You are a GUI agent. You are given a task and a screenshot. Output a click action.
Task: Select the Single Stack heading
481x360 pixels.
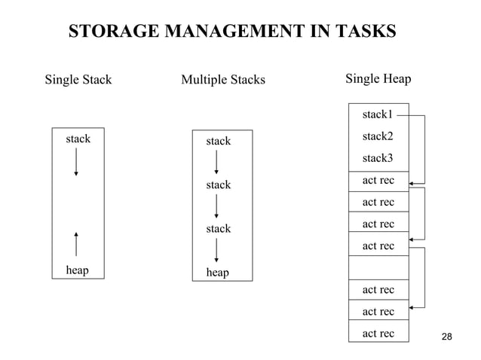pyautogui.click(x=78, y=79)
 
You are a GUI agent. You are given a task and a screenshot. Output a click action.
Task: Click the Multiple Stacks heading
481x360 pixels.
pyautogui.click(x=223, y=79)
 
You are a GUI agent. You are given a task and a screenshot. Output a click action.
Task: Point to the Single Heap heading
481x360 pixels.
pyautogui.click(x=378, y=78)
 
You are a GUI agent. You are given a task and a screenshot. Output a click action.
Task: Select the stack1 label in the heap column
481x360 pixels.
pyautogui.click(x=377, y=114)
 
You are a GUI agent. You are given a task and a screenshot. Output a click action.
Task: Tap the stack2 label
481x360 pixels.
pyautogui.click(x=377, y=136)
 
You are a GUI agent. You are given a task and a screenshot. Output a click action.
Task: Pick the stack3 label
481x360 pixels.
pyautogui.click(x=377, y=158)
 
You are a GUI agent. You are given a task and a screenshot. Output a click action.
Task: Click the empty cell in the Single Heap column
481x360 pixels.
pyautogui.click(x=378, y=267)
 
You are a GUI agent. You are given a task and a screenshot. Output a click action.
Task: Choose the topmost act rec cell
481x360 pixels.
pyautogui.click(x=378, y=181)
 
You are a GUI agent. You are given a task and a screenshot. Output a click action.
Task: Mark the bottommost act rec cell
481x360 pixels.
pyautogui.click(x=378, y=333)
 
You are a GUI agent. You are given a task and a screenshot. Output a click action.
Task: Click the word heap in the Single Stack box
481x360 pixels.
pyautogui.click(x=77, y=270)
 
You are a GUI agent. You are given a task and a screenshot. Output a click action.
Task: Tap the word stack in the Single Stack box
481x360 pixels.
pyautogui.click(x=78, y=139)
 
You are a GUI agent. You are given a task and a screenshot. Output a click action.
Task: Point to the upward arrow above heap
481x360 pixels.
pyautogui.click(x=76, y=243)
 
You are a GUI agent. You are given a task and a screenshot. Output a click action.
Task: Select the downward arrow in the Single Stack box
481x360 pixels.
pyautogui.click(x=76, y=162)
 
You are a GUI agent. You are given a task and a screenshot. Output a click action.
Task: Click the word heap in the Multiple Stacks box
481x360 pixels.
pyautogui.click(x=217, y=273)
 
